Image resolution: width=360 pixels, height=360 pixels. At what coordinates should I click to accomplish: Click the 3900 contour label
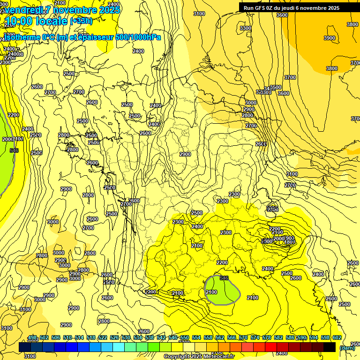click(x=330, y=38)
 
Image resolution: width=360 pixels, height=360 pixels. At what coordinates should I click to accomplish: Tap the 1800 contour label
click(x=290, y=242)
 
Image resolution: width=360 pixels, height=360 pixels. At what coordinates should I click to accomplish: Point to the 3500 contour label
click(x=276, y=87)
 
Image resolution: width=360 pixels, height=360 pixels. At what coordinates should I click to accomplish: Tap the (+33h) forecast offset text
click(x=81, y=21)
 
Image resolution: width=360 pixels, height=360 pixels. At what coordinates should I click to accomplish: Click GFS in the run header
click(x=260, y=8)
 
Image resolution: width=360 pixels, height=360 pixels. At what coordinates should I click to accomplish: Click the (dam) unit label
click(x=347, y=348)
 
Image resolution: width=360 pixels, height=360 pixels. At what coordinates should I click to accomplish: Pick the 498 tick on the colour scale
click(x=32, y=337)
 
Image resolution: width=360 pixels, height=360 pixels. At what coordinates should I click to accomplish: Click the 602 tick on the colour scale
click(x=337, y=337)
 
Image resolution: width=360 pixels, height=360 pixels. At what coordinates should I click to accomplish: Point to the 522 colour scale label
click(x=103, y=337)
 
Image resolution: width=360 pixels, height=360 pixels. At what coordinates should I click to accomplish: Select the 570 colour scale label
click(x=243, y=337)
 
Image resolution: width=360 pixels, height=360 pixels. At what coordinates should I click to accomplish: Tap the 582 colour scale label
click(x=278, y=337)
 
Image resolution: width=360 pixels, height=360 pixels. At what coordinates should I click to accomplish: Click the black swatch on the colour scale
click(x=330, y=347)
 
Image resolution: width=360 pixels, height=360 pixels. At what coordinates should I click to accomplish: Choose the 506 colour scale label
click(x=56, y=337)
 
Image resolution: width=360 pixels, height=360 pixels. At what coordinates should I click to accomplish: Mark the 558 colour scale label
click(x=208, y=337)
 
